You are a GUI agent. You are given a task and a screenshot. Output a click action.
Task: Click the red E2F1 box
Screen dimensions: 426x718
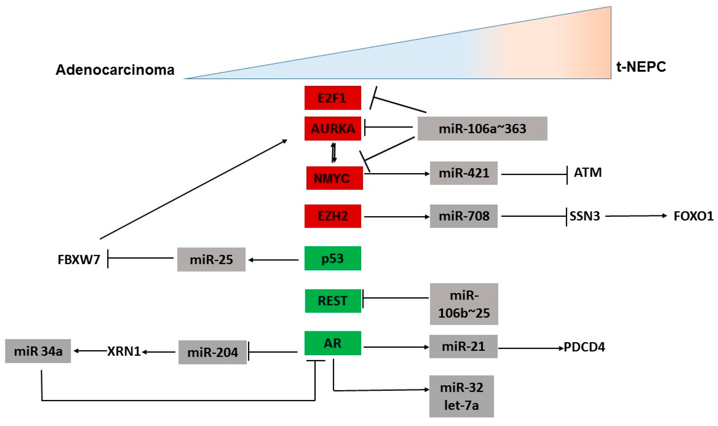333,98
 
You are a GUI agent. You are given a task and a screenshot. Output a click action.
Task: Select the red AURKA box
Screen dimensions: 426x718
333,129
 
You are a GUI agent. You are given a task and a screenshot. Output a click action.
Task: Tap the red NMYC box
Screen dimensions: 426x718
334,178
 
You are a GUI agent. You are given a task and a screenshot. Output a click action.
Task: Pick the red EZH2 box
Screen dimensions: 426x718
333,216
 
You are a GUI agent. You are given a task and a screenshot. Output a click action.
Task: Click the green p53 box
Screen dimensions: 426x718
333,258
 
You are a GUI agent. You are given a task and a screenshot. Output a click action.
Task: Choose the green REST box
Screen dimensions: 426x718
333,301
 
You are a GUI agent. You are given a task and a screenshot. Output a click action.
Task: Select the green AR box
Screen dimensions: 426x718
333,343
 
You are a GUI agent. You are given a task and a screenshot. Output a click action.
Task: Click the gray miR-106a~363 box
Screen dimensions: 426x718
482,129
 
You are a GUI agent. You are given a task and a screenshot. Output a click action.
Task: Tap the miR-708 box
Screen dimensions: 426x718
463,216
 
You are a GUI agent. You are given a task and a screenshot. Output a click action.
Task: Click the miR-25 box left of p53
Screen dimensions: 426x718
211,259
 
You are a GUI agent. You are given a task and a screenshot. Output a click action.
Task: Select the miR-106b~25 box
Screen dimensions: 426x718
464,304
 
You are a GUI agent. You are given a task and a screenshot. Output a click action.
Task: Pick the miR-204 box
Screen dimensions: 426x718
212,352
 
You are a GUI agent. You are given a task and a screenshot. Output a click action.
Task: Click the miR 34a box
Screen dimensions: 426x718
38,351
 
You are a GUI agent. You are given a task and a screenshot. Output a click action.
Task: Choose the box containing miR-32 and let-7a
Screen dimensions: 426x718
461,396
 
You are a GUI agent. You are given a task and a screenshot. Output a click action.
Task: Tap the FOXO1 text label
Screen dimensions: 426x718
693,216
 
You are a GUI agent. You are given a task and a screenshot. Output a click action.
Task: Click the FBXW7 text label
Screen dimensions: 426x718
79,259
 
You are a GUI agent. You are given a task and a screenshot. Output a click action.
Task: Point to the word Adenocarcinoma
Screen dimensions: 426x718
115,70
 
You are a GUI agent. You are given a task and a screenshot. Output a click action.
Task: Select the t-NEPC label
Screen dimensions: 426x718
641,67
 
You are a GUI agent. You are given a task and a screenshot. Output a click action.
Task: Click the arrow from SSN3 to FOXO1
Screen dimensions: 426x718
636,216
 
